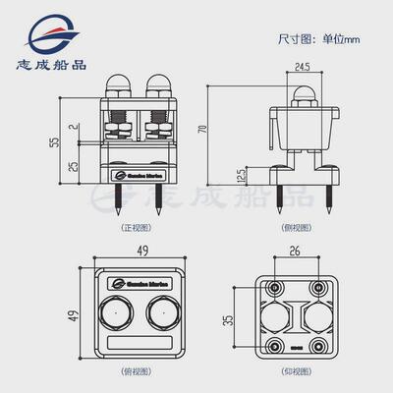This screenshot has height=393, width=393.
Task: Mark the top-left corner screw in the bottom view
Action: (x=270, y=290)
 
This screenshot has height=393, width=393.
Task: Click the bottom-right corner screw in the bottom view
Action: (x=320, y=346)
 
